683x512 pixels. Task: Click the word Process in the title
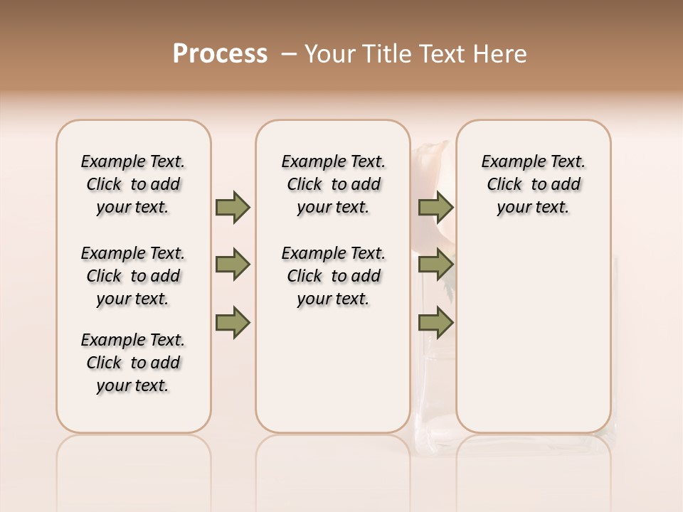pyautogui.click(x=220, y=54)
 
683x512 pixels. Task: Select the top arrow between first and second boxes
pyautogui.click(x=233, y=207)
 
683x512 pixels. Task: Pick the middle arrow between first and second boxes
pyautogui.click(x=233, y=265)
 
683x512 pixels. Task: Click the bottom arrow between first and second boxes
pyautogui.click(x=233, y=323)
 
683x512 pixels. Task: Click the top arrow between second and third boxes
pyautogui.click(x=435, y=207)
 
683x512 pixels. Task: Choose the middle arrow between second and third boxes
pyautogui.click(x=435, y=265)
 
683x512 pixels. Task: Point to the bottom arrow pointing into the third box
pyautogui.click(x=435, y=323)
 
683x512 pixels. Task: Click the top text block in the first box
pyautogui.click(x=133, y=184)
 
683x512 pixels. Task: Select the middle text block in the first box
pyautogui.click(x=133, y=276)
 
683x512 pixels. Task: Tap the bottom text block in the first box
pyautogui.click(x=133, y=363)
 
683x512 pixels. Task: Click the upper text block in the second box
pyautogui.click(x=334, y=184)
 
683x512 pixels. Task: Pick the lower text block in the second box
pyautogui.click(x=334, y=276)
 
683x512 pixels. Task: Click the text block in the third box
pyautogui.click(x=534, y=184)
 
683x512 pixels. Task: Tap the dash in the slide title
pyautogui.click(x=289, y=54)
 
